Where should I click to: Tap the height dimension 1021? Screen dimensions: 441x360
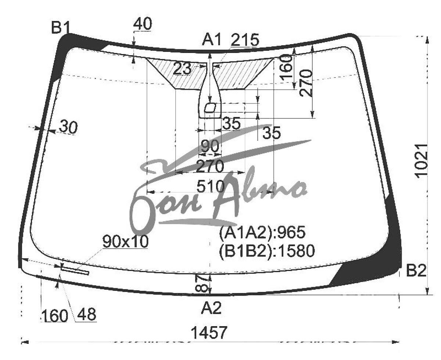pos(422,161)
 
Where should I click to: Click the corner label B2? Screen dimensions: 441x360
pos(416,270)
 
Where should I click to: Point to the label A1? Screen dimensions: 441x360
pos(211,40)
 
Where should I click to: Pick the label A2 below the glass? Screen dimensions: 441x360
pos(211,308)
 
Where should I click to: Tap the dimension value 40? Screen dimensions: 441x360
pos(143,24)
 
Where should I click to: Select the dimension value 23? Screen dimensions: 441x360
pos(182,69)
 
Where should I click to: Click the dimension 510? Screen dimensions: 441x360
pos(211,186)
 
